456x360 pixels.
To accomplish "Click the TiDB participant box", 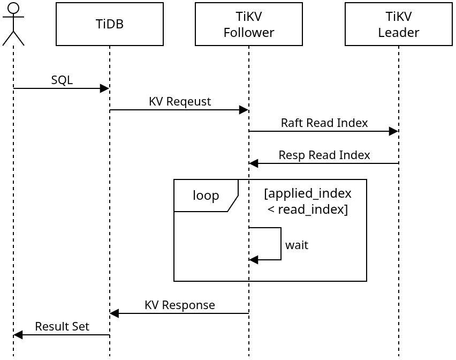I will click(110, 24).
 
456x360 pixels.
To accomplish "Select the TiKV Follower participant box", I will click(249, 24).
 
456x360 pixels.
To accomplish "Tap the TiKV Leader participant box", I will click(399, 24).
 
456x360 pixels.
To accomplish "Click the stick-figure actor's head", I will click(13, 8).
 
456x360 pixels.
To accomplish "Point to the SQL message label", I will click(62, 80).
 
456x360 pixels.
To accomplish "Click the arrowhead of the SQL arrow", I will click(104, 88).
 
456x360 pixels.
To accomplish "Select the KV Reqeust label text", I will click(179, 102).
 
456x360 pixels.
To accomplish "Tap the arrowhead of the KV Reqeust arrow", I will click(244, 110).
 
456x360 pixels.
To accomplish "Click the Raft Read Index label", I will click(324, 123).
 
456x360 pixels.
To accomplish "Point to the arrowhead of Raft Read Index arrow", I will click(393, 131).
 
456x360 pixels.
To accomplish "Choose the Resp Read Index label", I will click(324, 155).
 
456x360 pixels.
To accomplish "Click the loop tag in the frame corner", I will click(206, 196).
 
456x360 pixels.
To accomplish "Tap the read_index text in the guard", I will click(312, 209).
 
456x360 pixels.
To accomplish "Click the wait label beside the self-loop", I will click(297, 245).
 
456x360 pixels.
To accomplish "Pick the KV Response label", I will click(179, 305).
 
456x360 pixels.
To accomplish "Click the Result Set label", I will click(62, 327).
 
